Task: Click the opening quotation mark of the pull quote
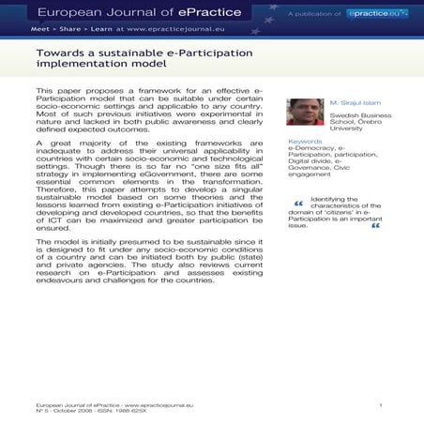click(298, 204)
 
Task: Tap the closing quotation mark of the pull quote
click(375, 225)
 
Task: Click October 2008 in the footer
click(69, 411)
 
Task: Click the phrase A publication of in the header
click(314, 15)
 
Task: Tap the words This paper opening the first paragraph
click(53, 90)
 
